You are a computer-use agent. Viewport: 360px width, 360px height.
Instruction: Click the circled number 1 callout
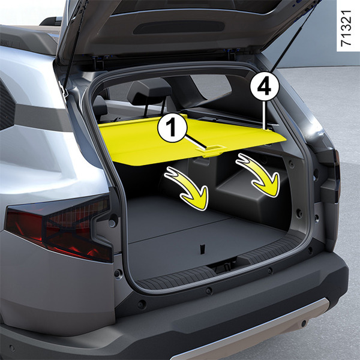pos(172,128)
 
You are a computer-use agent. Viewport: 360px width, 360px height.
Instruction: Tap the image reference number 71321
pos(346,28)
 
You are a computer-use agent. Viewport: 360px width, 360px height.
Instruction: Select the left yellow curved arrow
pos(189,188)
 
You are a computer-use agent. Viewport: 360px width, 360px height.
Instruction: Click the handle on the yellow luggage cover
pos(211,151)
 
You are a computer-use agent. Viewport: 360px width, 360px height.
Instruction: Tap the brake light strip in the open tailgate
pos(179,27)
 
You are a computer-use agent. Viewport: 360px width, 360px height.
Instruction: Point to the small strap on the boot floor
pos(202,249)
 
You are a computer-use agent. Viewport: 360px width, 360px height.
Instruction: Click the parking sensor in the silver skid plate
pos(304,323)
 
